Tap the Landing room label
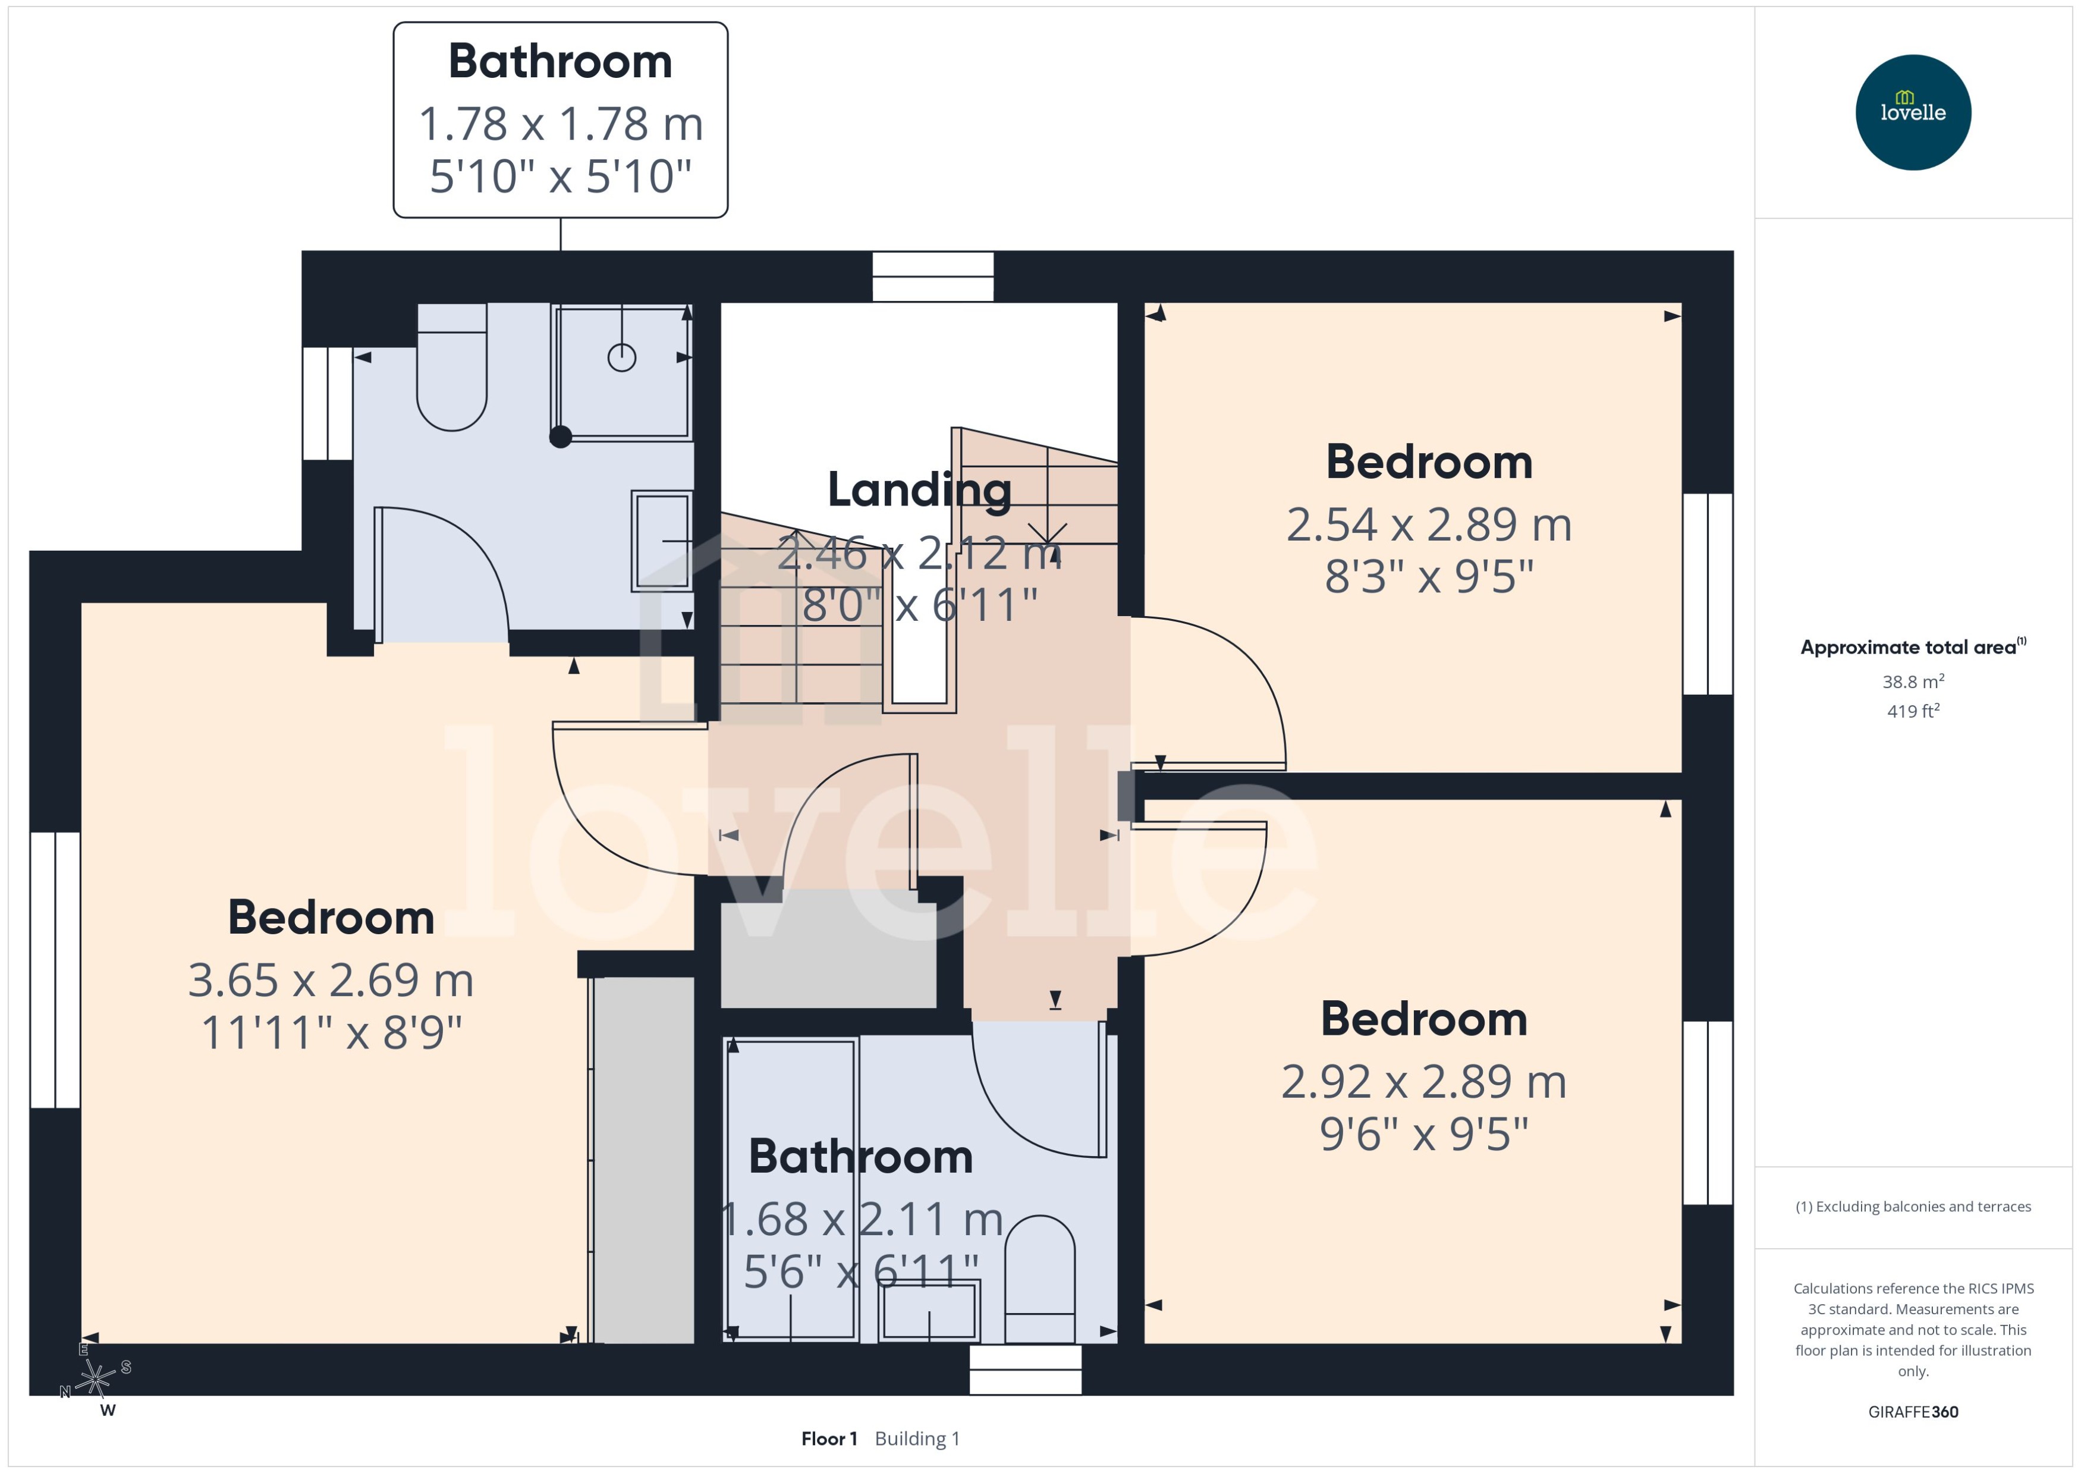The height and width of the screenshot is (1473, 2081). coord(919,490)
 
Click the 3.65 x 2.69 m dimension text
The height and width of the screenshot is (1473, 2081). coord(331,981)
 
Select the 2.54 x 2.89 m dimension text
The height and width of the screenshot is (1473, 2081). coord(1428,525)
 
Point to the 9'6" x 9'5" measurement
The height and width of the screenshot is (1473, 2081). coord(1423,1134)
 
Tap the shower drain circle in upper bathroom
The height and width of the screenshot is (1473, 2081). coord(621,357)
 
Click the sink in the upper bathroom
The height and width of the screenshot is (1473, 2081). coord(662,541)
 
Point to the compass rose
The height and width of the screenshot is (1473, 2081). coord(95,1378)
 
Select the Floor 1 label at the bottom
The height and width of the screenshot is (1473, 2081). coord(828,1439)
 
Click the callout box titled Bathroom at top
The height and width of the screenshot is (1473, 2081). coord(560,120)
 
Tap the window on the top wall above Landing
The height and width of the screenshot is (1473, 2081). coord(932,277)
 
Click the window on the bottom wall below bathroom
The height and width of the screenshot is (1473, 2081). coord(1024,1369)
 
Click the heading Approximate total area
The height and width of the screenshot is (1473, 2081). coord(1909,647)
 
